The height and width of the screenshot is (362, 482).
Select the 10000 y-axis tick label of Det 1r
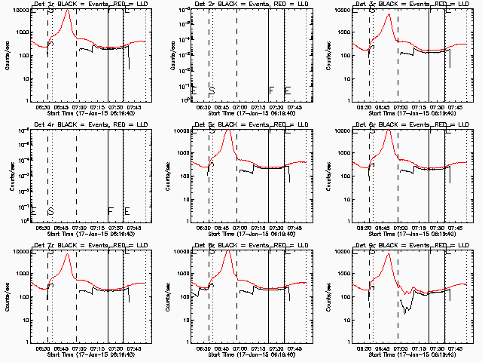pos(20,10)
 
